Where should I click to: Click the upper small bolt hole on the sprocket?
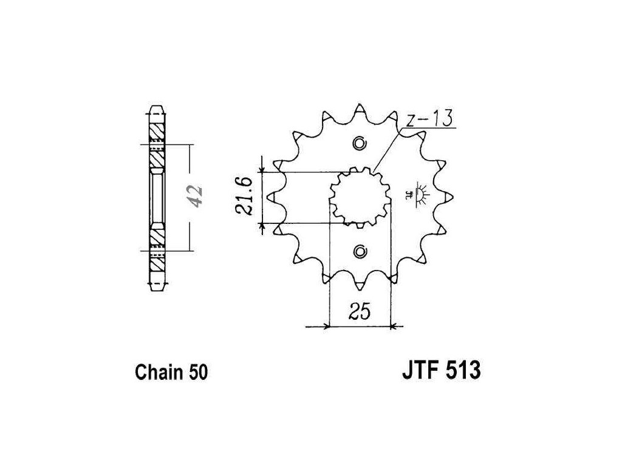[360, 144]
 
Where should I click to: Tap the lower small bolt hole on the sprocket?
[360, 250]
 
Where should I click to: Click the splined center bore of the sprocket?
[359, 197]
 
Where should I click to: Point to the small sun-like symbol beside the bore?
[419, 193]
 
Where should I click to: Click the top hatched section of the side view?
[155, 130]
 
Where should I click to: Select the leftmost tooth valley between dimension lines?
[285, 197]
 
